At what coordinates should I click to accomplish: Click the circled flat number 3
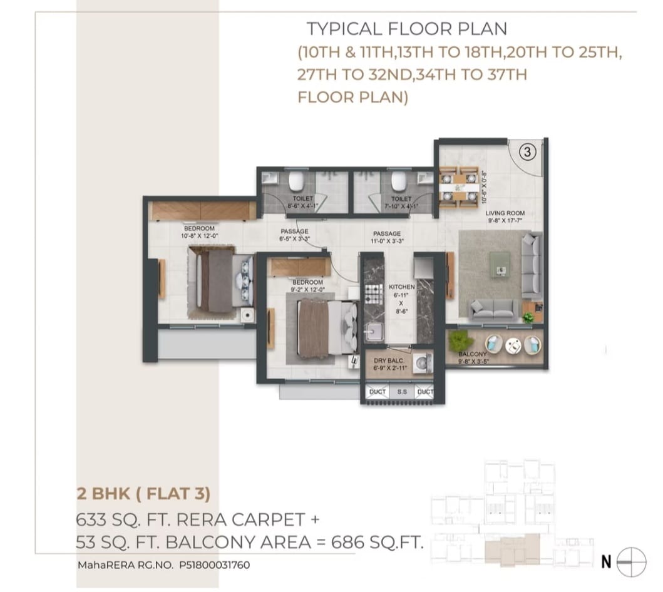tap(527, 151)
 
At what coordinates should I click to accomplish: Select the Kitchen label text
tap(401, 286)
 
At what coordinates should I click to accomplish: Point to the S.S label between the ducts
tap(402, 392)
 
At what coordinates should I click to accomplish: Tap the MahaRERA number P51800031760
tap(214, 564)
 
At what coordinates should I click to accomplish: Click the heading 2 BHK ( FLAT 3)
tap(143, 494)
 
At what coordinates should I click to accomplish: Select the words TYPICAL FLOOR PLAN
tap(406, 29)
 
